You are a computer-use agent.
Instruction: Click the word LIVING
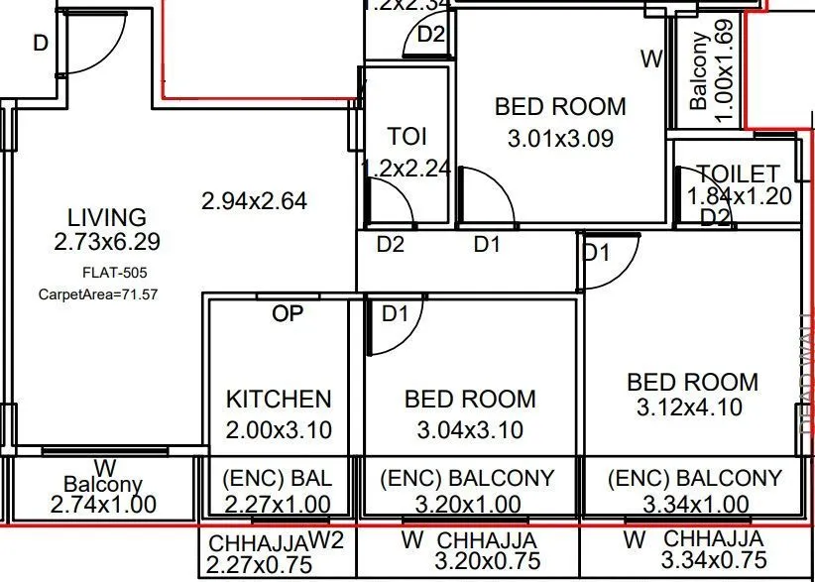tap(106, 217)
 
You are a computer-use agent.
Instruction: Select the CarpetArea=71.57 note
tap(98, 293)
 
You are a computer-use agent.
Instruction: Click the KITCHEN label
tap(279, 400)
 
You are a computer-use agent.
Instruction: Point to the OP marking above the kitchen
tap(289, 314)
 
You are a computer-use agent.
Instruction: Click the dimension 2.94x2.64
tap(254, 201)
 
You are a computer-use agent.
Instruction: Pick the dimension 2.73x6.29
tap(106, 242)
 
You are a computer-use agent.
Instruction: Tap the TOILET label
tap(738, 175)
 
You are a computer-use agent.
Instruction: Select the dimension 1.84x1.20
tap(740, 196)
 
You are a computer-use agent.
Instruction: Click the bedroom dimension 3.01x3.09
tap(560, 139)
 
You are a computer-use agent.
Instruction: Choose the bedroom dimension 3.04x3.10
tap(469, 430)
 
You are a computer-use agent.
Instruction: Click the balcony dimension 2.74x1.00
tap(103, 504)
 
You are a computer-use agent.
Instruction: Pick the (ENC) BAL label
tap(279, 479)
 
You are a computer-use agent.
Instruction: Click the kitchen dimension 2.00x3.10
tap(279, 430)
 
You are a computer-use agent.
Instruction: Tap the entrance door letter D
tap(41, 44)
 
